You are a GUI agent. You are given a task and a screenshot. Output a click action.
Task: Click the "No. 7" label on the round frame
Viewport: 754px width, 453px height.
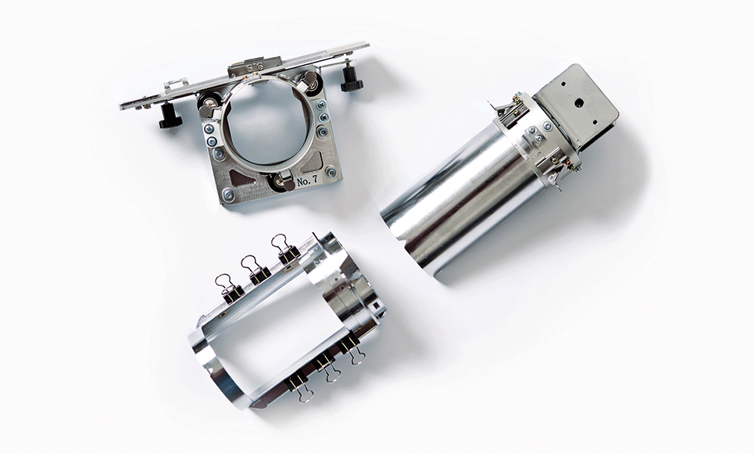(x=307, y=181)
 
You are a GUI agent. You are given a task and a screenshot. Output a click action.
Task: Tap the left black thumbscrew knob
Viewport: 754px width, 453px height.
(x=170, y=116)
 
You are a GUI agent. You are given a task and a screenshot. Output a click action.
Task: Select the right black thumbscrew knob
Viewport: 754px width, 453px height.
(x=352, y=80)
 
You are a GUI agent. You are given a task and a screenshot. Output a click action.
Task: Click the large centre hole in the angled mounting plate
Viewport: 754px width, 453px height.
(x=579, y=102)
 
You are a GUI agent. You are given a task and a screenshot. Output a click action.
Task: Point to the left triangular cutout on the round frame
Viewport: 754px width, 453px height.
(x=241, y=178)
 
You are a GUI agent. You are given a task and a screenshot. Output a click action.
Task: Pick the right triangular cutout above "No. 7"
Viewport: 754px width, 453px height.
(x=313, y=162)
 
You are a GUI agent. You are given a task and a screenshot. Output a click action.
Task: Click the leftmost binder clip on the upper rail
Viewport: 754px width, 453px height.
(x=230, y=288)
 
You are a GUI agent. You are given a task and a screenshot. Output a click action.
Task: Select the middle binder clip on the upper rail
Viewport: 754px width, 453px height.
(x=257, y=269)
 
